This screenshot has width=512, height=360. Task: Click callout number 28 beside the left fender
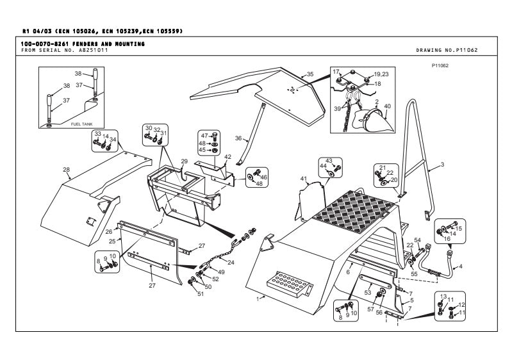[66, 170]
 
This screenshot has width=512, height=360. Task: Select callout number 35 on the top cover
[310, 74]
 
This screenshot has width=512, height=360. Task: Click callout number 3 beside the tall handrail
[442, 165]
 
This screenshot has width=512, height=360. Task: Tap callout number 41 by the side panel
[304, 177]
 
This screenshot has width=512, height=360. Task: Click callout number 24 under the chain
[230, 261]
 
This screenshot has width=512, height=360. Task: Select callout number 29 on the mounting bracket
[183, 161]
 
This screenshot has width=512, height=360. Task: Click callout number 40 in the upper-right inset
[387, 106]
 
